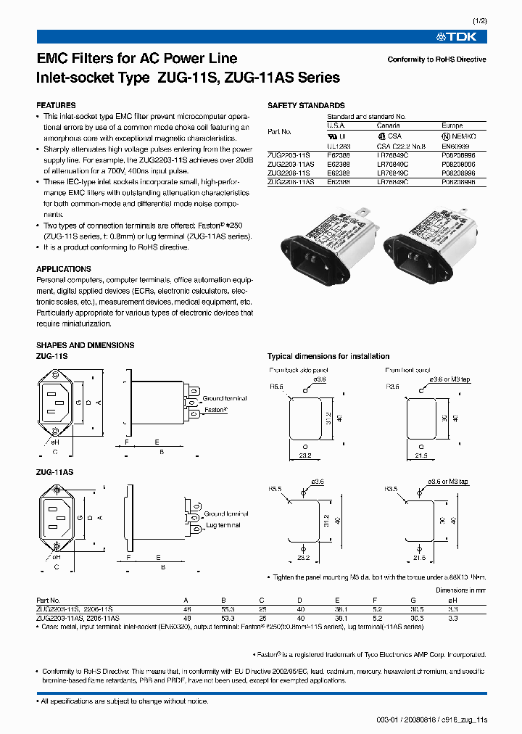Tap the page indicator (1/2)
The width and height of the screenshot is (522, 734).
point(478,22)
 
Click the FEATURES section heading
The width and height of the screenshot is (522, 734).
point(56,105)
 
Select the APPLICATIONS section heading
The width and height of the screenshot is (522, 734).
point(64,269)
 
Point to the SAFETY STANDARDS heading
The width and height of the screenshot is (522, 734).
point(306,105)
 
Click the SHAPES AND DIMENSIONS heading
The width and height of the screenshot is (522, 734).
point(85,345)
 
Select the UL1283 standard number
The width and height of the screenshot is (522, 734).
point(339,146)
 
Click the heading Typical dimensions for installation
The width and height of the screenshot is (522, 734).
point(328,356)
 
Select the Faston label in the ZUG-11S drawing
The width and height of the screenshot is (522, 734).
point(215,409)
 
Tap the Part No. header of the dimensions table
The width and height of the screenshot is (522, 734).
point(48,601)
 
